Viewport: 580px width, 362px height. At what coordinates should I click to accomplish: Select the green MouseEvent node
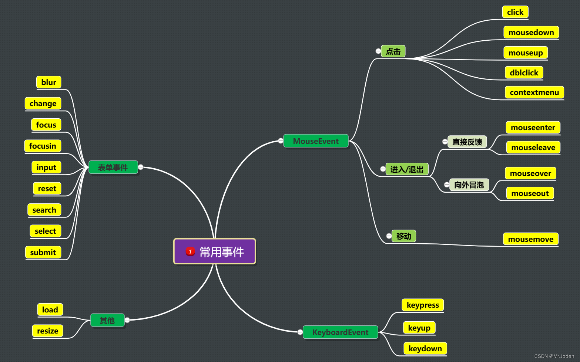[x=316, y=141]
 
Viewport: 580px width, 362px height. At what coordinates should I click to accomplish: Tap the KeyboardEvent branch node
[x=340, y=332]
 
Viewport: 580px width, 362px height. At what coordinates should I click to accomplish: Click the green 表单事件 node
[x=113, y=168]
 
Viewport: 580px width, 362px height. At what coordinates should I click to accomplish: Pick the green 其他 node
[x=107, y=320]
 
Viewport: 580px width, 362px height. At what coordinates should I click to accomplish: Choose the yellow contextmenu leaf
[x=534, y=92]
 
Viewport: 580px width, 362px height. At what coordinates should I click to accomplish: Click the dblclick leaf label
[x=524, y=72]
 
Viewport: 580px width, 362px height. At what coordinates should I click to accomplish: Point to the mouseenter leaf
[x=533, y=128]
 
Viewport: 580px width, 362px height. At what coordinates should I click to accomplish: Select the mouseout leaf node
[x=530, y=193]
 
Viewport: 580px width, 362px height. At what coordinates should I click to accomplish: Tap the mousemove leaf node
[x=530, y=239]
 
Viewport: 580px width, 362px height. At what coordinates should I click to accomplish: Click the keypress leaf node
[x=422, y=305]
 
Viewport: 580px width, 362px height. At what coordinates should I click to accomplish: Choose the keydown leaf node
[x=425, y=348]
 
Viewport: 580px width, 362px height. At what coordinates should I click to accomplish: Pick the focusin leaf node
[x=43, y=146]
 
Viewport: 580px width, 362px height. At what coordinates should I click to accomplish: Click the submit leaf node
[x=43, y=253]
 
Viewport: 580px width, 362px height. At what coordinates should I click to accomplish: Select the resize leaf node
[x=47, y=331]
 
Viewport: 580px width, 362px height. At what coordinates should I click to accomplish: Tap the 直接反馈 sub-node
[x=467, y=142]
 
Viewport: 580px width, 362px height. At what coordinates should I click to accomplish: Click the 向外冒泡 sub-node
[x=469, y=185]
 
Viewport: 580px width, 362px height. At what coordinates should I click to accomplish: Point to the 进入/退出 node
[x=407, y=169]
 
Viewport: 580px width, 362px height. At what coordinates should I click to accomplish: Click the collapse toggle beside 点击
[x=378, y=51]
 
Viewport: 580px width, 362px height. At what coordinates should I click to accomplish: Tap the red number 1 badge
[x=190, y=251]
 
